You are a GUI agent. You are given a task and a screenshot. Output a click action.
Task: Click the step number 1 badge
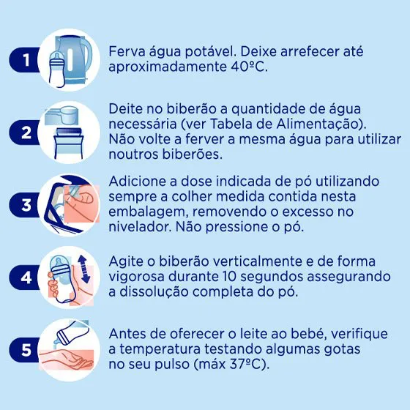coord(26,60)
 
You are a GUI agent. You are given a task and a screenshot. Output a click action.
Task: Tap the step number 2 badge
coord(26,133)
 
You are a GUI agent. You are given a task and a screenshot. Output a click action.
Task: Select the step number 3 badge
coord(26,205)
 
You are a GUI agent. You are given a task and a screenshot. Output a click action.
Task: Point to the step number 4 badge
coord(26,277)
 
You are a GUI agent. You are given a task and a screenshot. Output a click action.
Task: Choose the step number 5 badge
coord(26,350)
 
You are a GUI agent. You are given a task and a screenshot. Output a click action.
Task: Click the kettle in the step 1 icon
coord(75,60)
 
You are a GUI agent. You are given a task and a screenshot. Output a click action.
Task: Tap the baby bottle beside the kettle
coord(56,70)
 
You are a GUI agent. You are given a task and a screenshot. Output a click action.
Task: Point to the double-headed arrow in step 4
coord(84,269)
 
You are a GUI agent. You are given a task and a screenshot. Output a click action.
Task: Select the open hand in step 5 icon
coord(67,359)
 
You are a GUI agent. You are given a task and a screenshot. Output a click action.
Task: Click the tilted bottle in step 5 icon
coord(70,332)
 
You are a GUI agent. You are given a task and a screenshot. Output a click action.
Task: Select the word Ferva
coord(127,51)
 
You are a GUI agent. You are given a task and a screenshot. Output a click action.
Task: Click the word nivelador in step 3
coord(140,226)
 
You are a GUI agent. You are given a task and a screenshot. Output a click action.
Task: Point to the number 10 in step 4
coord(228,277)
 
